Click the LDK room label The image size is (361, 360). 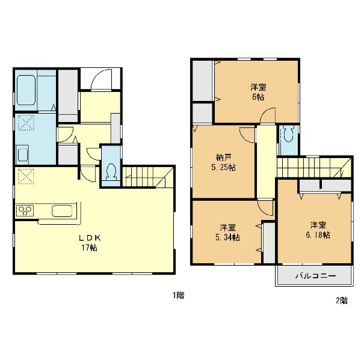tap(90, 238)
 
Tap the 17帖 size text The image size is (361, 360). tap(89, 248)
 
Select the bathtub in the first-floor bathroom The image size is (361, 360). tap(26, 90)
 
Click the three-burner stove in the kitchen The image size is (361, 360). tap(25, 211)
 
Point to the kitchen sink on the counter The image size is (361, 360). tap(62, 211)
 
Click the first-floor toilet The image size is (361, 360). tap(111, 172)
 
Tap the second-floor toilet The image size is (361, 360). tap(288, 133)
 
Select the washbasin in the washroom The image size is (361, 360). tap(22, 154)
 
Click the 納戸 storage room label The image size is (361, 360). tap(224, 157)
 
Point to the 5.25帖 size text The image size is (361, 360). tap(224, 168)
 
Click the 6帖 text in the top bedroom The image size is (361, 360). tap(258, 97)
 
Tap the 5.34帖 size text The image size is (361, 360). tap(227, 237)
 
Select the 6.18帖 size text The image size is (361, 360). tap(318, 235)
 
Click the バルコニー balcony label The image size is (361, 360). tap(316, 276)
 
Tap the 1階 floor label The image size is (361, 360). tap(179, 295)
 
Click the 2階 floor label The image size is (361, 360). tap(342, 301)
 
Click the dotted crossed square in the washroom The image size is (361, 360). tap(26, 123)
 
